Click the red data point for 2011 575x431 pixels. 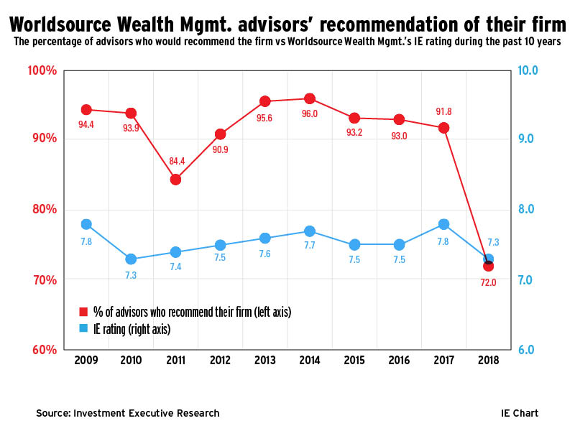(x=175, y=179)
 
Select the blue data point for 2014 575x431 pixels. (x=310, y=231)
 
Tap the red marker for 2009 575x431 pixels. (x=86, y=110)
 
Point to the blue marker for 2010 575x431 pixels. (x=131, y=259)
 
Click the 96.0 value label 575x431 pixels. (x=310, y=113)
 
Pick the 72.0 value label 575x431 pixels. (x=489, y=283)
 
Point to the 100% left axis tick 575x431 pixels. (x=42, y=71)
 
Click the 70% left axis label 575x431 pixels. (x=44, y=279)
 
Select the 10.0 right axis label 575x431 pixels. (x=528, y=71)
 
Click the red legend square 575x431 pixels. (x=83, y=312)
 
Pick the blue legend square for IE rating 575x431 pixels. (x=83, y=328)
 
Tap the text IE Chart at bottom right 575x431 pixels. (x=520, y=413)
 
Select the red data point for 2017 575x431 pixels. (x=444, y=128)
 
